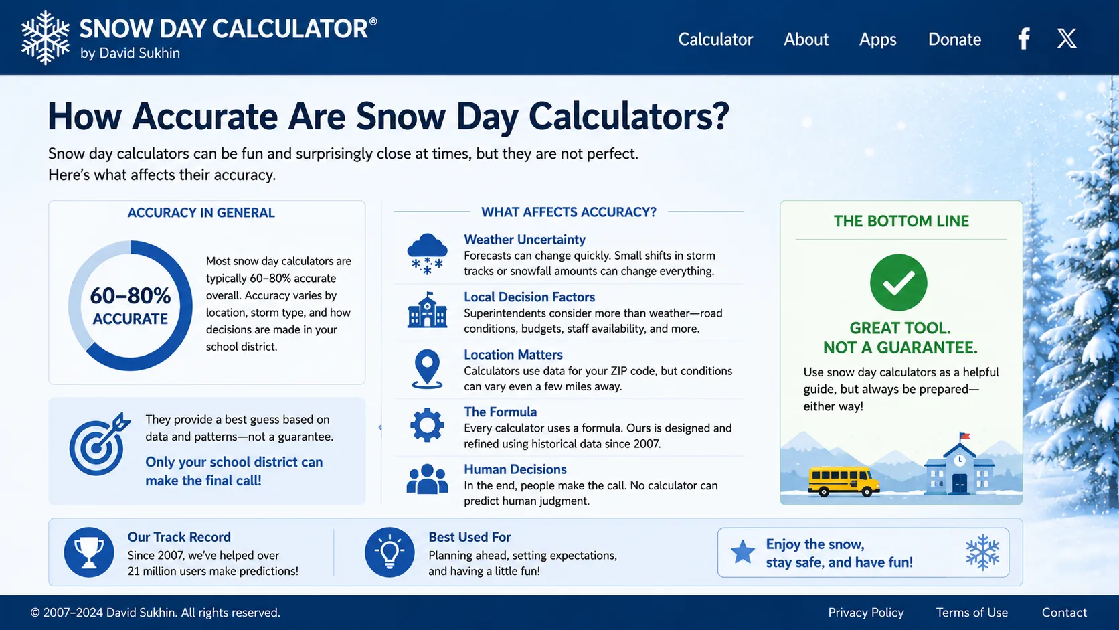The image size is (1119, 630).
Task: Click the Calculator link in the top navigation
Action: (x=715, y=39)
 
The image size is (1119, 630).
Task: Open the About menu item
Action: (x=806, y=39)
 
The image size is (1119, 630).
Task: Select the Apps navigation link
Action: (x=877, y=40)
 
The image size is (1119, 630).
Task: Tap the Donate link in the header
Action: (x=954, y=39)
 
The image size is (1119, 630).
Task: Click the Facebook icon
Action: (x=1024, y=38)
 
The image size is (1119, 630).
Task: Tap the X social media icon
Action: (x=1067, y=38)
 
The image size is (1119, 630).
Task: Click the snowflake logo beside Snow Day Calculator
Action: (x=45, y=37)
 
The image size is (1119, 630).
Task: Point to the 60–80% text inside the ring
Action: (x=131, y=296)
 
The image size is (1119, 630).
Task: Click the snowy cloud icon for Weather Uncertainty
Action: (x=427, y=254)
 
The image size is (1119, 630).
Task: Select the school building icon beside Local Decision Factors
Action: (x=427, y=310)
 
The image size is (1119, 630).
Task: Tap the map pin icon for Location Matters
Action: (x=427, y=369)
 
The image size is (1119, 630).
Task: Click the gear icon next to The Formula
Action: (x=427, y=425)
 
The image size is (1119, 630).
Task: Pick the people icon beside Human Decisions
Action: (x=427, y=479)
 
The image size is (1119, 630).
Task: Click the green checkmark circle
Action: (x=898, y=283)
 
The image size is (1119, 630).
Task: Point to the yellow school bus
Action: (x=843, y=481)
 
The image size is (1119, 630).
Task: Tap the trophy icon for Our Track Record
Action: (x=89, y=552)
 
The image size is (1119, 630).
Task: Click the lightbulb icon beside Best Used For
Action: (x=390, y=552)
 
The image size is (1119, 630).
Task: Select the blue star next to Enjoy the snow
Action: (x=743, y=552)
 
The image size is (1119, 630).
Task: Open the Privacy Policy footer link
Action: (x=866, y=613)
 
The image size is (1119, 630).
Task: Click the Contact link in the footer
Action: (x=1064, y=613)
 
